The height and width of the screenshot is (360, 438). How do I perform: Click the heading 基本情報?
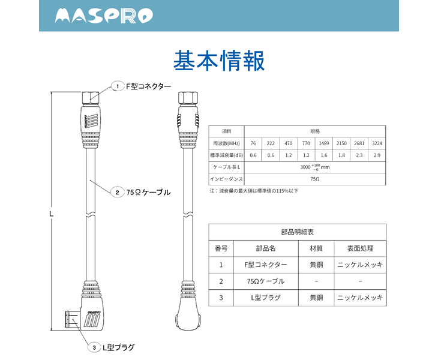click(218, 61)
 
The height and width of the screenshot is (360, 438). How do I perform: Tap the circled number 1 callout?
click(118, 87)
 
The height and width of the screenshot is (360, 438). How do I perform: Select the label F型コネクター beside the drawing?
click(148, 87)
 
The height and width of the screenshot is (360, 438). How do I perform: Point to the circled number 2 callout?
click(118, 193)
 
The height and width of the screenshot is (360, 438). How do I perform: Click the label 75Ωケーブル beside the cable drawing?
click(148, 193)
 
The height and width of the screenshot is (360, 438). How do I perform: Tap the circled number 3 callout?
click(95, 347)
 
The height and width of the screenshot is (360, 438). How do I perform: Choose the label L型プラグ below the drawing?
click(118, 347)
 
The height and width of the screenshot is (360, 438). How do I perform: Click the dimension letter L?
click(51, 213)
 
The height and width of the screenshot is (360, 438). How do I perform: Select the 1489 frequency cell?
click(323, 143)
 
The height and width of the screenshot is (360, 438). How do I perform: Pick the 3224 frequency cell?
click(377, 143)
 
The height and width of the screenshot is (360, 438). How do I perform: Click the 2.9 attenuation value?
click(377, 155)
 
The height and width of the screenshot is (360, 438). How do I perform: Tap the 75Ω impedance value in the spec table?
click(314, 179)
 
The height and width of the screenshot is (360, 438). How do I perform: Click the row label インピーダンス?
click(226, 179)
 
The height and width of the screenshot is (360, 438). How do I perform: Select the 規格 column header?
click(314, 131)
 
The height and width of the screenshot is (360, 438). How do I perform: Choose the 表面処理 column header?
click(360, 248)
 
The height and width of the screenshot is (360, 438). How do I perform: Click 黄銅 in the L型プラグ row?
click(316, 298)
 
